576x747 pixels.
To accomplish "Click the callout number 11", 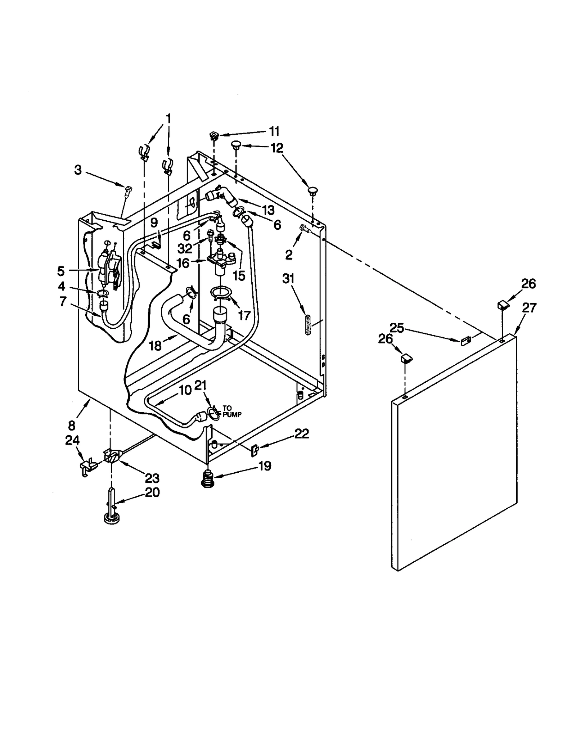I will (274, 132).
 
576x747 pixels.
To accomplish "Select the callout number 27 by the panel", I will (529, 308).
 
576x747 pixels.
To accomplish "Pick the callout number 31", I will (288, 279).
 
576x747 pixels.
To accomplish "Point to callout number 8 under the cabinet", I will (72, 426).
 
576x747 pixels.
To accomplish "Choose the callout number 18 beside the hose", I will (155, 346).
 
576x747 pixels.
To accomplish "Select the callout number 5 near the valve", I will (60, 271).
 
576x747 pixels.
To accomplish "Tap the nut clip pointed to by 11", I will (213, 136).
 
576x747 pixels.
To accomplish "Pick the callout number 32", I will (185, 248).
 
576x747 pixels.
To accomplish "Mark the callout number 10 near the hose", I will (185, 390).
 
